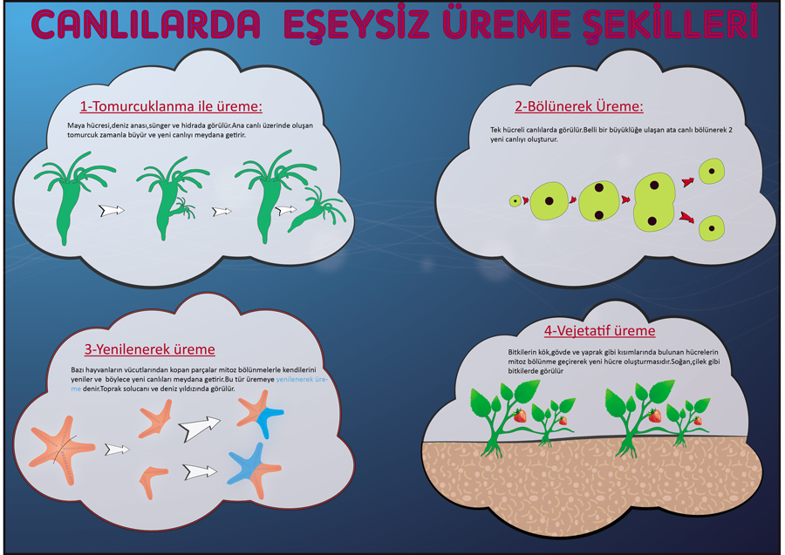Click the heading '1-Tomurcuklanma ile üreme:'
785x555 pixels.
171,106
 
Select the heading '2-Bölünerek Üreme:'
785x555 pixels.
579,106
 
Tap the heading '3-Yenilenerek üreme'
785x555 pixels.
150,349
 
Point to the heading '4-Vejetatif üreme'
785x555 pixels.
600,330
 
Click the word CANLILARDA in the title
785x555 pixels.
146,24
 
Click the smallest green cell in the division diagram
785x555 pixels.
515,201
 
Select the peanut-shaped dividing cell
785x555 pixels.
654,202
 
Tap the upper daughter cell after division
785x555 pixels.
712,171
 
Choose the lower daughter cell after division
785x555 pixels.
712,228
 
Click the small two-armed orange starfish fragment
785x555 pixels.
152,481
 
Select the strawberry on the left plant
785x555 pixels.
520,415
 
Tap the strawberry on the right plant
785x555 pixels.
654,415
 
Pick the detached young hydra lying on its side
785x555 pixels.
317,210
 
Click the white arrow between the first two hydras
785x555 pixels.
111,210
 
